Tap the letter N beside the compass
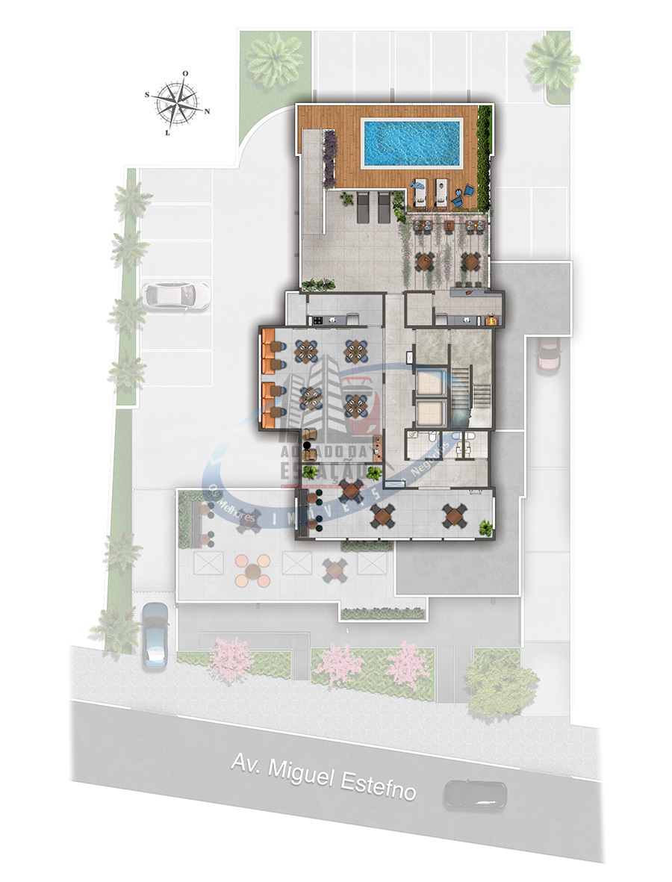click(x=208, y=111)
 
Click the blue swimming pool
click(x=411, y=143)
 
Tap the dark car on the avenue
click(x=474, y=795)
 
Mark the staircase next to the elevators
click(x=471, y=388)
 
